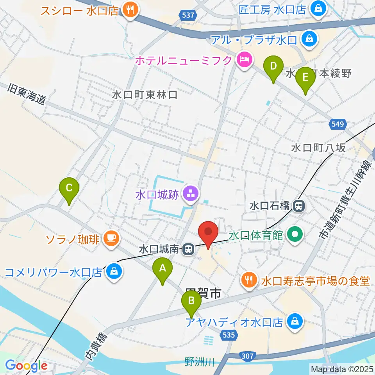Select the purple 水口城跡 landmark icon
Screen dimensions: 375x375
click(190, 193)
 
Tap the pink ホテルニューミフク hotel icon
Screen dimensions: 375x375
click(245, 61)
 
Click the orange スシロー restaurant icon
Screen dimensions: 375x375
click(129, 10)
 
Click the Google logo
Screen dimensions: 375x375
click(26, 366)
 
